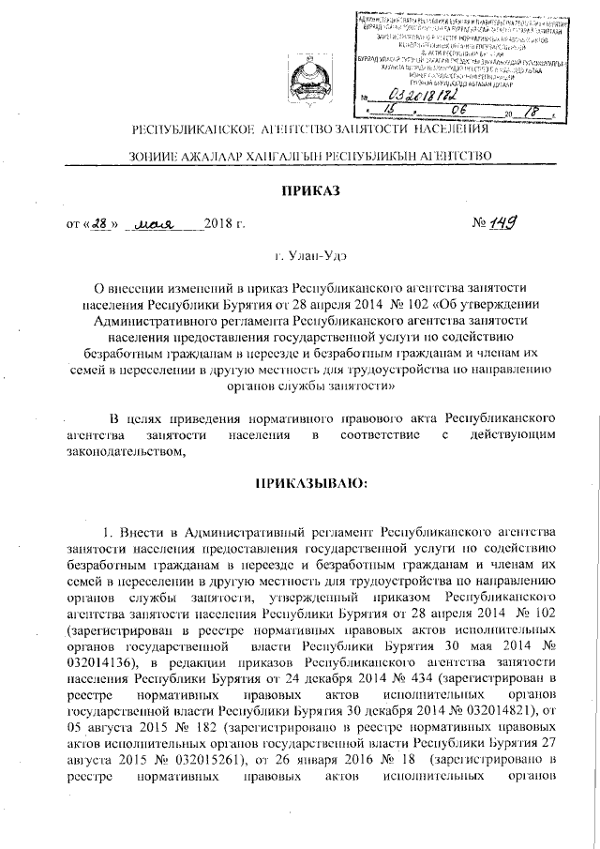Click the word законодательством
[x=121, y=451]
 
